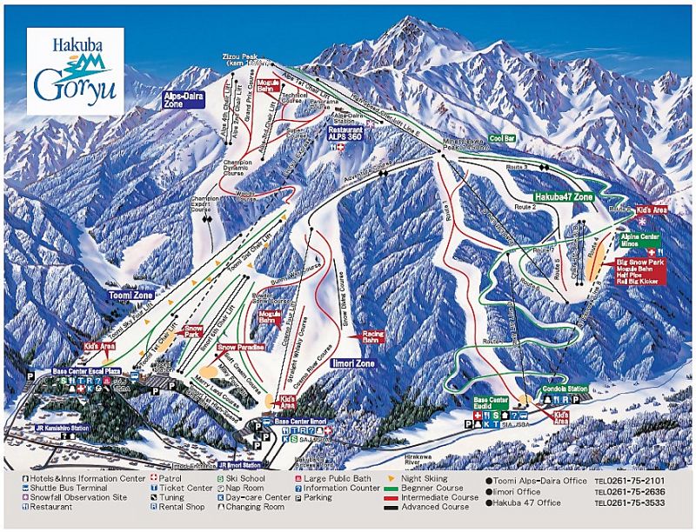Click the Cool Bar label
click(502, 138)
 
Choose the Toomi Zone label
click(131, 296)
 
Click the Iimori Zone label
click(352, 362)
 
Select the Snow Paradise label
click(240, 346)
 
